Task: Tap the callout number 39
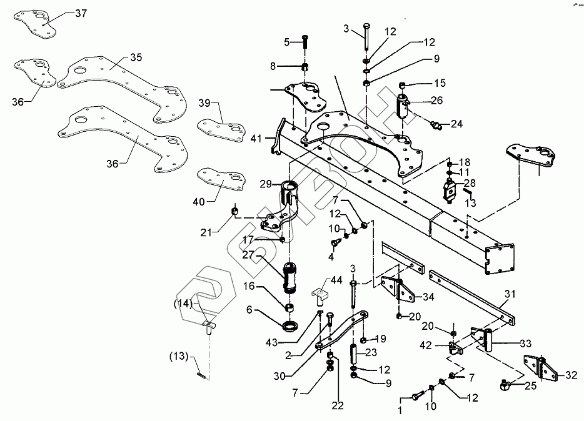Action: pos(204,103)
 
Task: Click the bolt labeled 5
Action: pos(305,41)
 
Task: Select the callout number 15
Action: pos(440,83)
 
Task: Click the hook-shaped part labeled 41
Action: pos(276,141)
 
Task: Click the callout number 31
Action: pos(511,294)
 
